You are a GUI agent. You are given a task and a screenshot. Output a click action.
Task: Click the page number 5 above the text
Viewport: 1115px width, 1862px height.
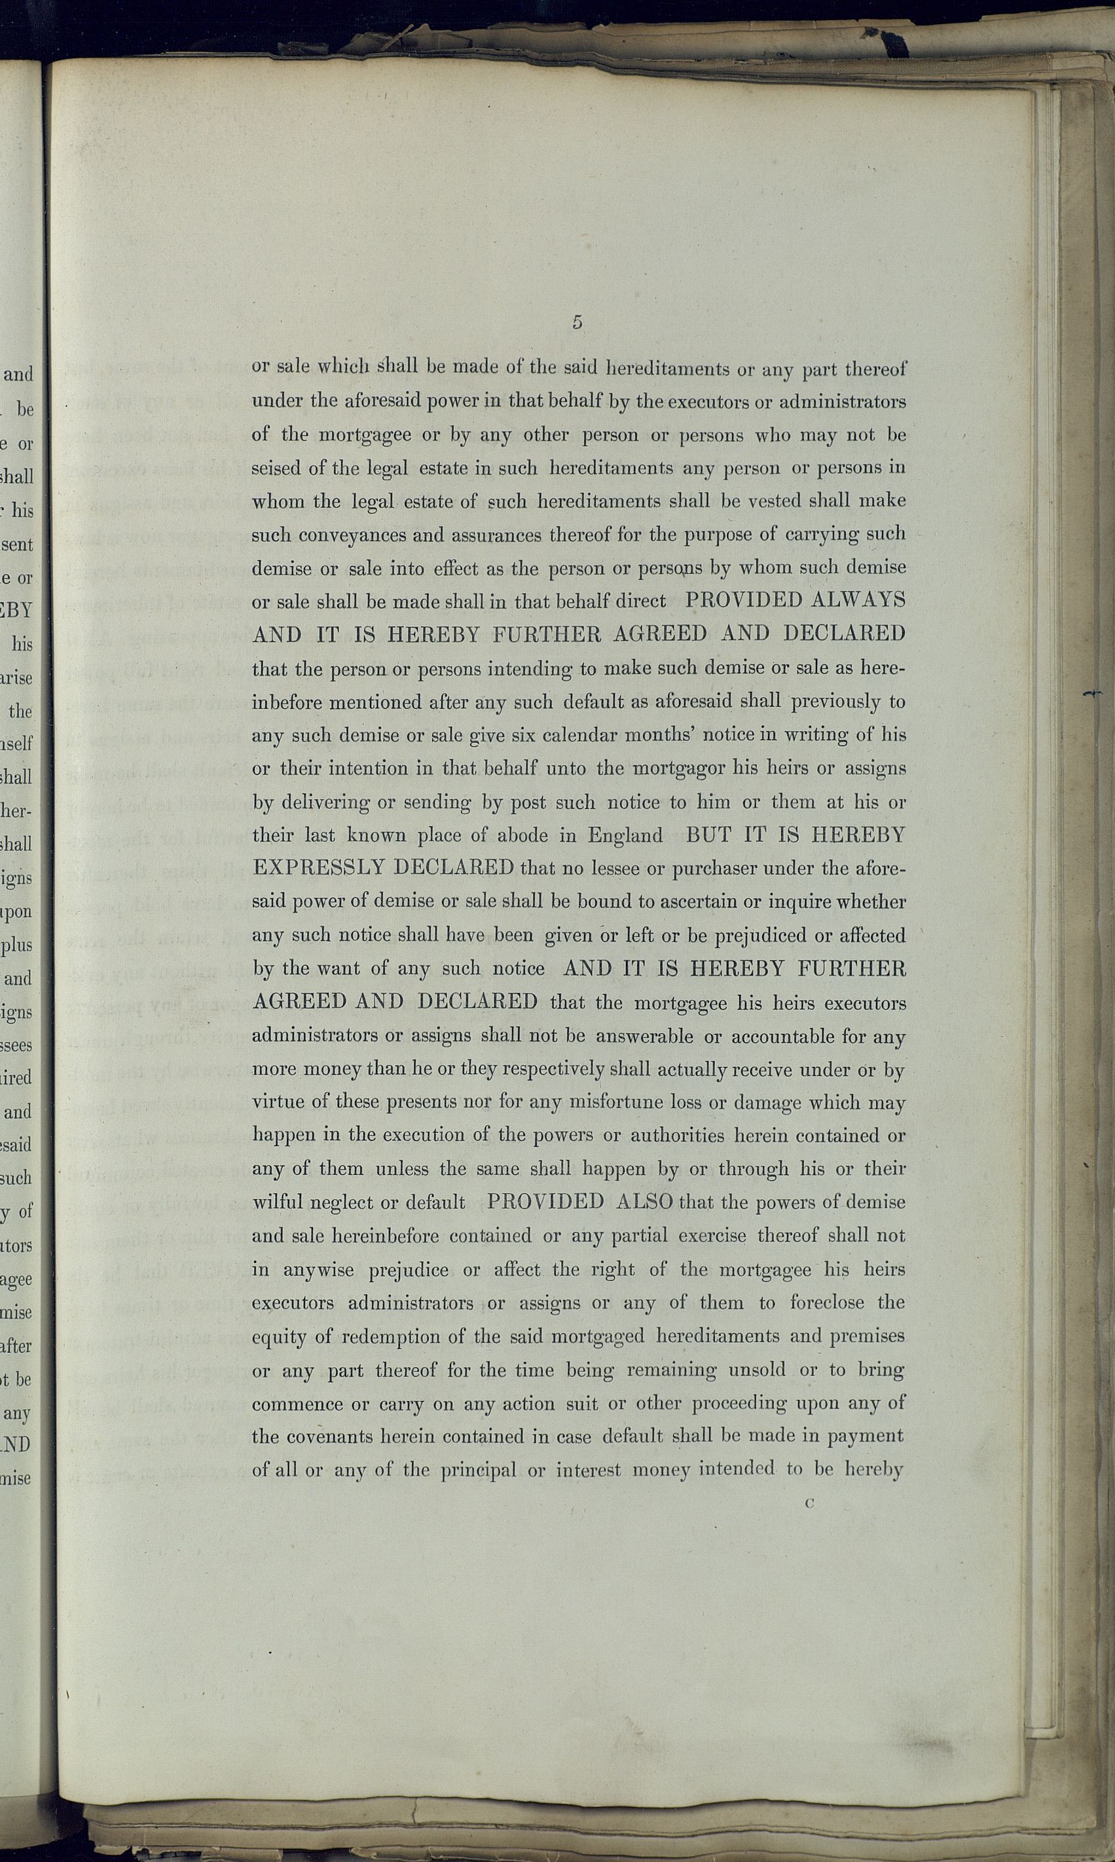[577, 322]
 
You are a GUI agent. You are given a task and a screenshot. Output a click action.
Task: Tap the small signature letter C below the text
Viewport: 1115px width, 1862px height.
[809, 1503]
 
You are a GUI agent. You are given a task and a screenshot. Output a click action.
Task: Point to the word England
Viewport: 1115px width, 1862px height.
[625, 835]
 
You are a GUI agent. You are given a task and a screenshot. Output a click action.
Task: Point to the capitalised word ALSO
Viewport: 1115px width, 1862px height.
[643, 1202]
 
